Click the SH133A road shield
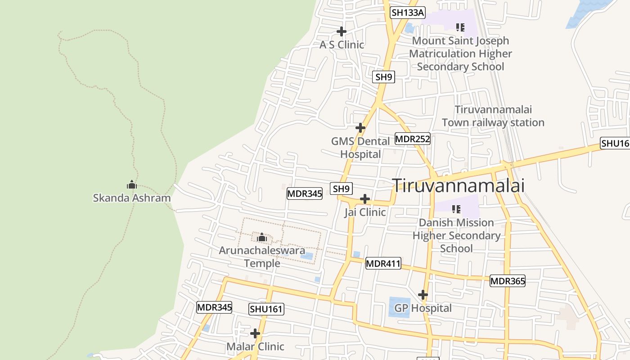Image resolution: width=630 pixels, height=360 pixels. pyautogui.click(x=408, y=13)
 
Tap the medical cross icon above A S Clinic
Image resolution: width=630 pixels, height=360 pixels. pyautogui.click(x=342, y=31)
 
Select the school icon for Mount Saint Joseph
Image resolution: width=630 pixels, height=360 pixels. pyautogui.click(x=460, y=27)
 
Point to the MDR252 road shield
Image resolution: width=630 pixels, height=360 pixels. pyautogui.click(x=413, y=139)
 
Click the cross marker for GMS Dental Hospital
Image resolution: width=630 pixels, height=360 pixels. pyautogui.click(x=360, y=128)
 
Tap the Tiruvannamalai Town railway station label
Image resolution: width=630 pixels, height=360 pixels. pyautogui.click(x=493, y=116)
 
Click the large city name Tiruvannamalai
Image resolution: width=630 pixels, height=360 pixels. pyautogui.click(x=459, y=185)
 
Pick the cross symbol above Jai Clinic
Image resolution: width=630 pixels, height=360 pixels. pyautogui.click(x=365, y=199)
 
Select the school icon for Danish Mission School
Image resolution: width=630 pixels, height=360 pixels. pyautogui.click(x=456, y=209)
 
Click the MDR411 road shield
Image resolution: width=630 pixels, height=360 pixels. pyautogui.click(x=383, y=263)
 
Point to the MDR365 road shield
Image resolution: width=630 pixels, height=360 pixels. pyautogui.click(x=508, y=281)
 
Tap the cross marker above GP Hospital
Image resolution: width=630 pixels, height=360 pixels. pyautogui.click(x=423, y=295)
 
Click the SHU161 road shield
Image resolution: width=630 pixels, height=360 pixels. pyautogui.click(x=266, y=309)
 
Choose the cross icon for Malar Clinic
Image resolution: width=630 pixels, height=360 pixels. pyautogui.click(x=255, y=333)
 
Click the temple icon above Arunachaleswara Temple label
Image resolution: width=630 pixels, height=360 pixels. pyautogui.click(x=262, y=237)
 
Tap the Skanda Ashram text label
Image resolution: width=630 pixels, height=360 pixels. pyautogui.click(x=132, y=198)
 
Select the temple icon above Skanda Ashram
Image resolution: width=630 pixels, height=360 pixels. pyautogui.click(x=131, y=184)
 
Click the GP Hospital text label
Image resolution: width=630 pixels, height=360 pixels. pyautogui.click(x=423, y=308)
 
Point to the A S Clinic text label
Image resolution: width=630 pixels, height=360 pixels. pyautogui.click(x=342, y=45)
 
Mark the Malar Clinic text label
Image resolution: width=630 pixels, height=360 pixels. pyautogui.click(x=255, y=346)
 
